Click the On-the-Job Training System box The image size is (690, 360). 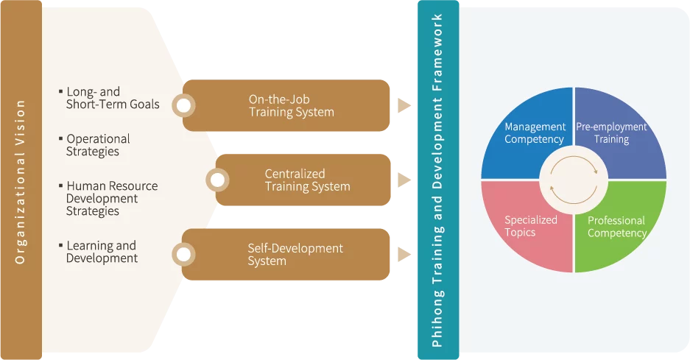(x=291, y=106)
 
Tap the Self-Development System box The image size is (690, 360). (x=295, y=255)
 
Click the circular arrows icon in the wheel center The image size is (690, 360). (x=573, y=180)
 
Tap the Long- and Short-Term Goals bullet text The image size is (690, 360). (x=112, y=98)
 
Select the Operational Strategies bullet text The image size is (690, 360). (x=98, y=145)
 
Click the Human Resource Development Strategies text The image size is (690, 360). (x=111, y=199)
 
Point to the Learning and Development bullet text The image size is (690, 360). (x=102, y=252)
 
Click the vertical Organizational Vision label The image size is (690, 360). (x=20, y=180)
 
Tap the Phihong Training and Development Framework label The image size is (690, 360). (x=437, y=180)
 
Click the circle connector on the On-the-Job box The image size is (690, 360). (x=183, y=106)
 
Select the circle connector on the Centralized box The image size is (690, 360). (x=216, y=180)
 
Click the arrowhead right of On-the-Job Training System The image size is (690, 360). (x=404, y=106)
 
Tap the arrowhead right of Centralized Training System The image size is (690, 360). (x=404, y=180)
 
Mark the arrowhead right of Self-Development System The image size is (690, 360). (x=404, y=255)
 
